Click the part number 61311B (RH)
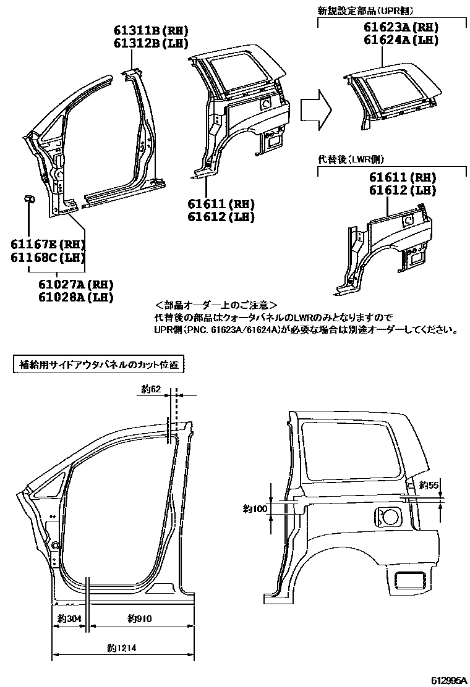click(150, 31)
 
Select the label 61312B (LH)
click(150, 43)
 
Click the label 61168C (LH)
click(47, 258)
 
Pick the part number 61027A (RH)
click(75, 285)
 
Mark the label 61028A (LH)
click(75, 297)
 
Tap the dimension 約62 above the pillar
click(150, 389)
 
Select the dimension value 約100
click(255, 508)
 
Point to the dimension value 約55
click(429, 485)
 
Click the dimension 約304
click(69, 618)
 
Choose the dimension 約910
click(139, 618)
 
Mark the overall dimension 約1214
click(121, 648)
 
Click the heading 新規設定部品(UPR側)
click(365, 11)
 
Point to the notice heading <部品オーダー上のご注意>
click(216, 306)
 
